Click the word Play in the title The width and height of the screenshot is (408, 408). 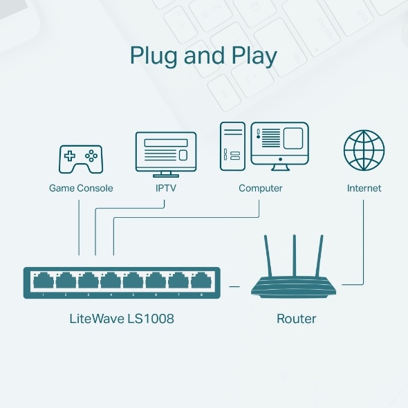coord(252,56)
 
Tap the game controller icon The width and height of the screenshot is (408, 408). coord(80,158)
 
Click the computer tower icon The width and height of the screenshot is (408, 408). coord(233,147)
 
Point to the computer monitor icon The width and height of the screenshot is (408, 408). coord(280,145)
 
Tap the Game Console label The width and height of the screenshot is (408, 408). coord(81,188)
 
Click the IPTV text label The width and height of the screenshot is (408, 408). coord(166,188)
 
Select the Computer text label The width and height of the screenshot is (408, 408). coord(260,188)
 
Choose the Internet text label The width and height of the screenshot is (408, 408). coord(364,188)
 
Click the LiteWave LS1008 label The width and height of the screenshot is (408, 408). coord(122,319)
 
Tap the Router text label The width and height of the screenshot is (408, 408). coord(296,319)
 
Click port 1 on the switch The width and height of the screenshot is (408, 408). coord(43,281)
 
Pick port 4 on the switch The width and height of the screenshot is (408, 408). coord(111,281)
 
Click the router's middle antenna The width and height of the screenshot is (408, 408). coord(295,254)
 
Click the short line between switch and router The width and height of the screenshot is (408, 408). coord(234,285)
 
